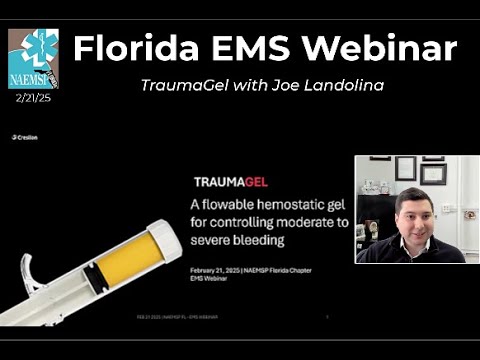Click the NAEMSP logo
tap(33, 58)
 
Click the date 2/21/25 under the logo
tap(33, 99)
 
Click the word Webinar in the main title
tap(385, 47)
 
